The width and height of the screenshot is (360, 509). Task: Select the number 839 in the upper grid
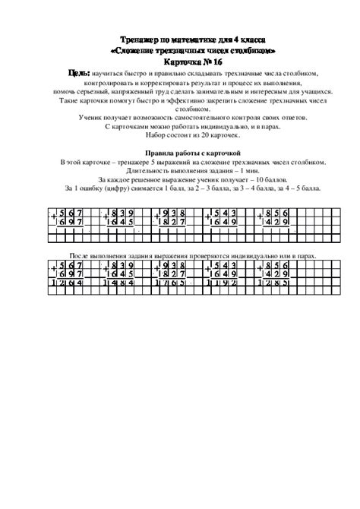coord(122,213)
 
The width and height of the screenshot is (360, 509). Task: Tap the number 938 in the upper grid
coord(175,213)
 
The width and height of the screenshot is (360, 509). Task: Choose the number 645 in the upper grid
coord(122,223)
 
